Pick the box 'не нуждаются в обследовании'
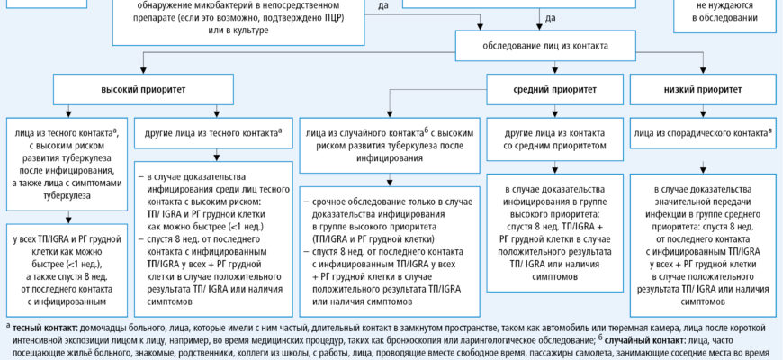[x=725, y=11]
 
